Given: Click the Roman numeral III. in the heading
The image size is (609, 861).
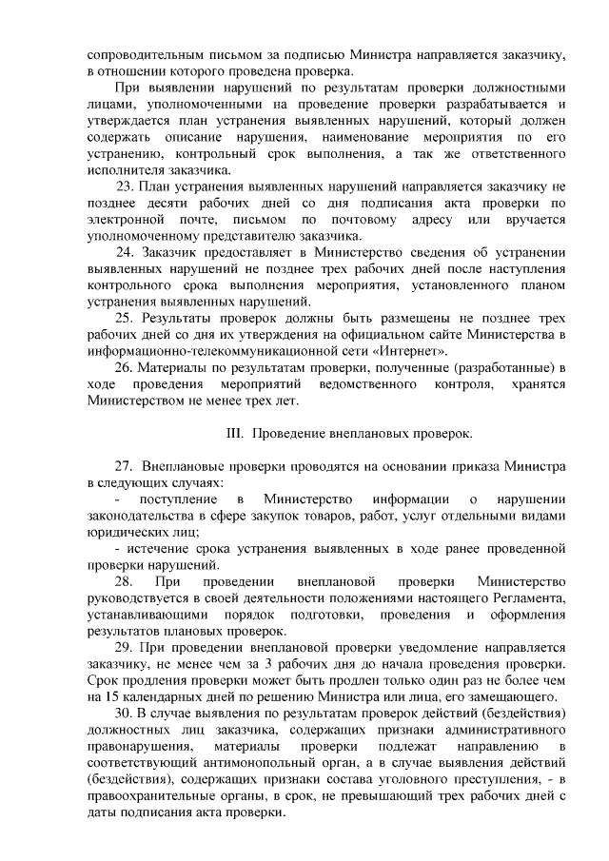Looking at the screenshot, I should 235,433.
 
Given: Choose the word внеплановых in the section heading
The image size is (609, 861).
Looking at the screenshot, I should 361,433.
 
